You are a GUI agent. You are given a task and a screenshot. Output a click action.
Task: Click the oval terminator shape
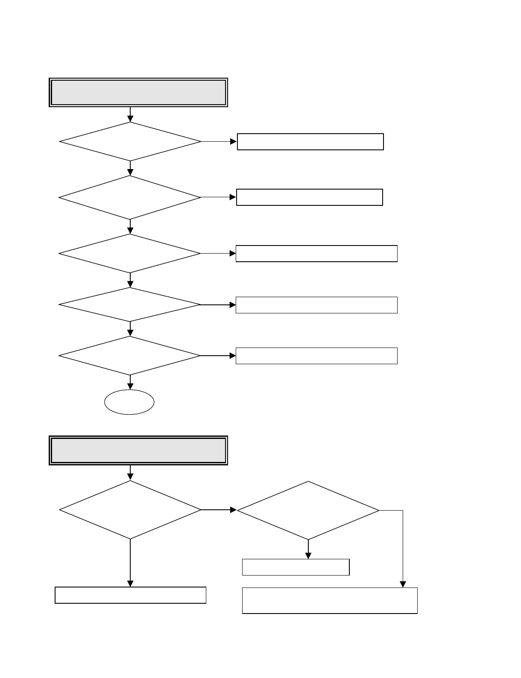129,402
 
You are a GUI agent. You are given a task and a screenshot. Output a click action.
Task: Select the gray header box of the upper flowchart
138,92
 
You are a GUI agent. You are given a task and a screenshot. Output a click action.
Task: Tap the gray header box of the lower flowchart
138,450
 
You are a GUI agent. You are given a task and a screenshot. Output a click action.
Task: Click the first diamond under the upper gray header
130,141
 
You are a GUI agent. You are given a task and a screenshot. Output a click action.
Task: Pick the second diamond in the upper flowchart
130,197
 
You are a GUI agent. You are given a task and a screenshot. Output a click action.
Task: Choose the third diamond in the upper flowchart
130,253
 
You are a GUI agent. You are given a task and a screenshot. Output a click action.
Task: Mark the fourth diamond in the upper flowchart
130,304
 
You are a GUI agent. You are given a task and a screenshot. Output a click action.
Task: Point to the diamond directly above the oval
130,356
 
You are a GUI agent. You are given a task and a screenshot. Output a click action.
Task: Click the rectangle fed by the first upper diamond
310,142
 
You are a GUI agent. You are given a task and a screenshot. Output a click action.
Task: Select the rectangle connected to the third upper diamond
316,254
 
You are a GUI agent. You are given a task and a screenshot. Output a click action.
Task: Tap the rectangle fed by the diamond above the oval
316,356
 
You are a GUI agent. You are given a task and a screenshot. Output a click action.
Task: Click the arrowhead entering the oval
130,386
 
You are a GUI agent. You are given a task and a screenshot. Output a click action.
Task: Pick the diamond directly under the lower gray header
130,510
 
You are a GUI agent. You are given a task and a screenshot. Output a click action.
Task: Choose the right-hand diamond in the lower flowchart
308,511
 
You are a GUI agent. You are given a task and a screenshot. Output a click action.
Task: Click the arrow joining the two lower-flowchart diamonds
219,510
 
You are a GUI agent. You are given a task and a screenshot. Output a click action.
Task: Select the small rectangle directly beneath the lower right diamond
296,567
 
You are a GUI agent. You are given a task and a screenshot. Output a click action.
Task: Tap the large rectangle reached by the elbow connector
329,601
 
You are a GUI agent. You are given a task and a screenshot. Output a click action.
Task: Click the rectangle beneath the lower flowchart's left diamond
130,595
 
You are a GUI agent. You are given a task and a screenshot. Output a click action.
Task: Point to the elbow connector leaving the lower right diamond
403,546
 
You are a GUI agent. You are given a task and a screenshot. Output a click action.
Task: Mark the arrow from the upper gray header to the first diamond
130,114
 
